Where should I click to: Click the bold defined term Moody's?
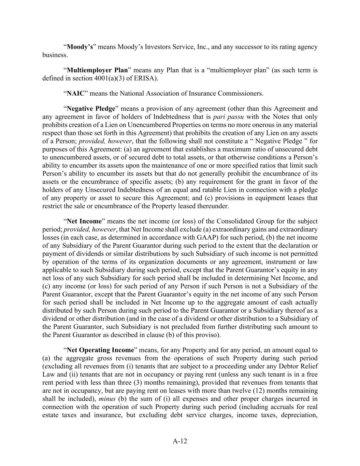pos(80,47)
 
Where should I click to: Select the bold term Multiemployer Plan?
pos(97,70)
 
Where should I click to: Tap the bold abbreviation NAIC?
pos(75,94)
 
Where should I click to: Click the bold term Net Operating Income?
pos(100,350)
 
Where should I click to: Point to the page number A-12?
pos(180,441)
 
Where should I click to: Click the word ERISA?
pos(147,79)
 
